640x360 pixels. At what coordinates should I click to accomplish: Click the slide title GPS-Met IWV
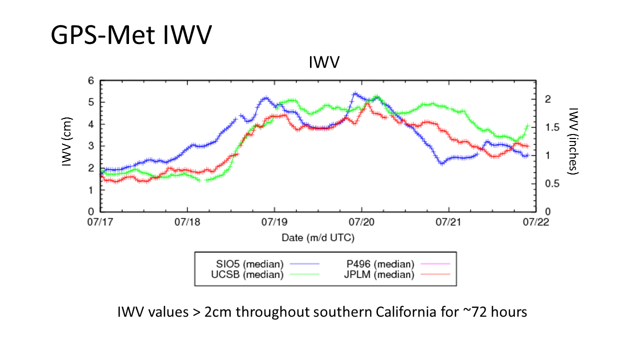pyautogui.click(x=131, y=35)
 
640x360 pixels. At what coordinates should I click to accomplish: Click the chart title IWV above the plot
pyautogui.click(x=324, y=63)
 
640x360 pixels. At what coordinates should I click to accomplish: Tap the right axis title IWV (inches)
pyautogui.click(x=573, y=141)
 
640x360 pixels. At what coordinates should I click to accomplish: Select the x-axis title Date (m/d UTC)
pyautogui.click(x=318, y=237)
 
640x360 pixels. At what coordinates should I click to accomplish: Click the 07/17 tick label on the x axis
pyautogui.click(x=100, y=222)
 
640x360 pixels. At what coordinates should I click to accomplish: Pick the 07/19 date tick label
pyautogui.click(x=274, y=222)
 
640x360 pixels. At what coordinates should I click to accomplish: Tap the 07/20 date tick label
pyautogui.click(x=361, y=222)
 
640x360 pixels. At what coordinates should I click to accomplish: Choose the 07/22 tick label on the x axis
pyautogui.click(x=535, y=222)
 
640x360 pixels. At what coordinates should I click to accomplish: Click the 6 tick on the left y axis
pyautogui.click(x=91, y=80)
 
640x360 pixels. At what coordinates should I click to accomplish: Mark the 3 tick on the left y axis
pyautogui.click(x=91, y=146)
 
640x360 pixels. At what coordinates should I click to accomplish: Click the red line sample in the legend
pyautogui.click(x=435, y=274)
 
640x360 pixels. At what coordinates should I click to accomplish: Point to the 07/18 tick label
pyautogui.click(x=187, y=222)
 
